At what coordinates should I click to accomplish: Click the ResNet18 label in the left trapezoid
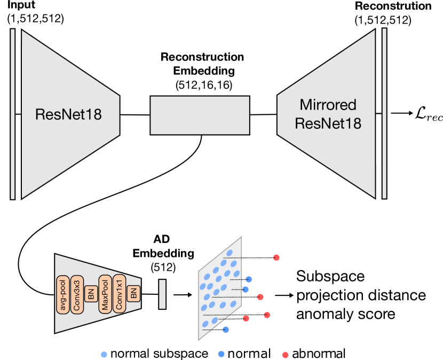(x=68, y=114)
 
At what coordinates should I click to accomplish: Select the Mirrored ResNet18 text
(x=328, y=114)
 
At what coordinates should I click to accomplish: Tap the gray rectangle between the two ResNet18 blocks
(x=200, y=115)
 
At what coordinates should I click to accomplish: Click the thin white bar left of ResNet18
(x=13, y=114)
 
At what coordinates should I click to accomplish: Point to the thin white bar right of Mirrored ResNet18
(x=384, y=113)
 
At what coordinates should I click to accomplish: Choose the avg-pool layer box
(x=64, y=295)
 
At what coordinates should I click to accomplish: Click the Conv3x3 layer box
(x=77, y=295)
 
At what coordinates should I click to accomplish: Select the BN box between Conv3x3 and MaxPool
(x=91, y=294)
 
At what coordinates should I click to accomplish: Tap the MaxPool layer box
(x=105, y=295)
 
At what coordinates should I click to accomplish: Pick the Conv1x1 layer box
(x=119, y=295)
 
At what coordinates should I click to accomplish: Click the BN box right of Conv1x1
(x=134, y=293)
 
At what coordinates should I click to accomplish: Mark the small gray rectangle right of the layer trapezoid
(x=162, y=294)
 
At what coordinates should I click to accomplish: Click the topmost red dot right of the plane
(x=276, y=257)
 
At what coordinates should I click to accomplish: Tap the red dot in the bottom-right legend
(x=286, y=355)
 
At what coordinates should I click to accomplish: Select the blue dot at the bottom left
(x=104, y=354)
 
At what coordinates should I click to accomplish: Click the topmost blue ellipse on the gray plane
(x=230, y=253)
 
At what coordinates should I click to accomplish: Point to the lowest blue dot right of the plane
(x=226, y=330)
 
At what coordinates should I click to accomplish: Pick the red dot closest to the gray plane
(x=246, y=318)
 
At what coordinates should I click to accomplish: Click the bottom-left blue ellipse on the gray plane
(x=205, y=324)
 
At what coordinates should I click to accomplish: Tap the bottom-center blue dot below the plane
(x=222, y=354)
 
